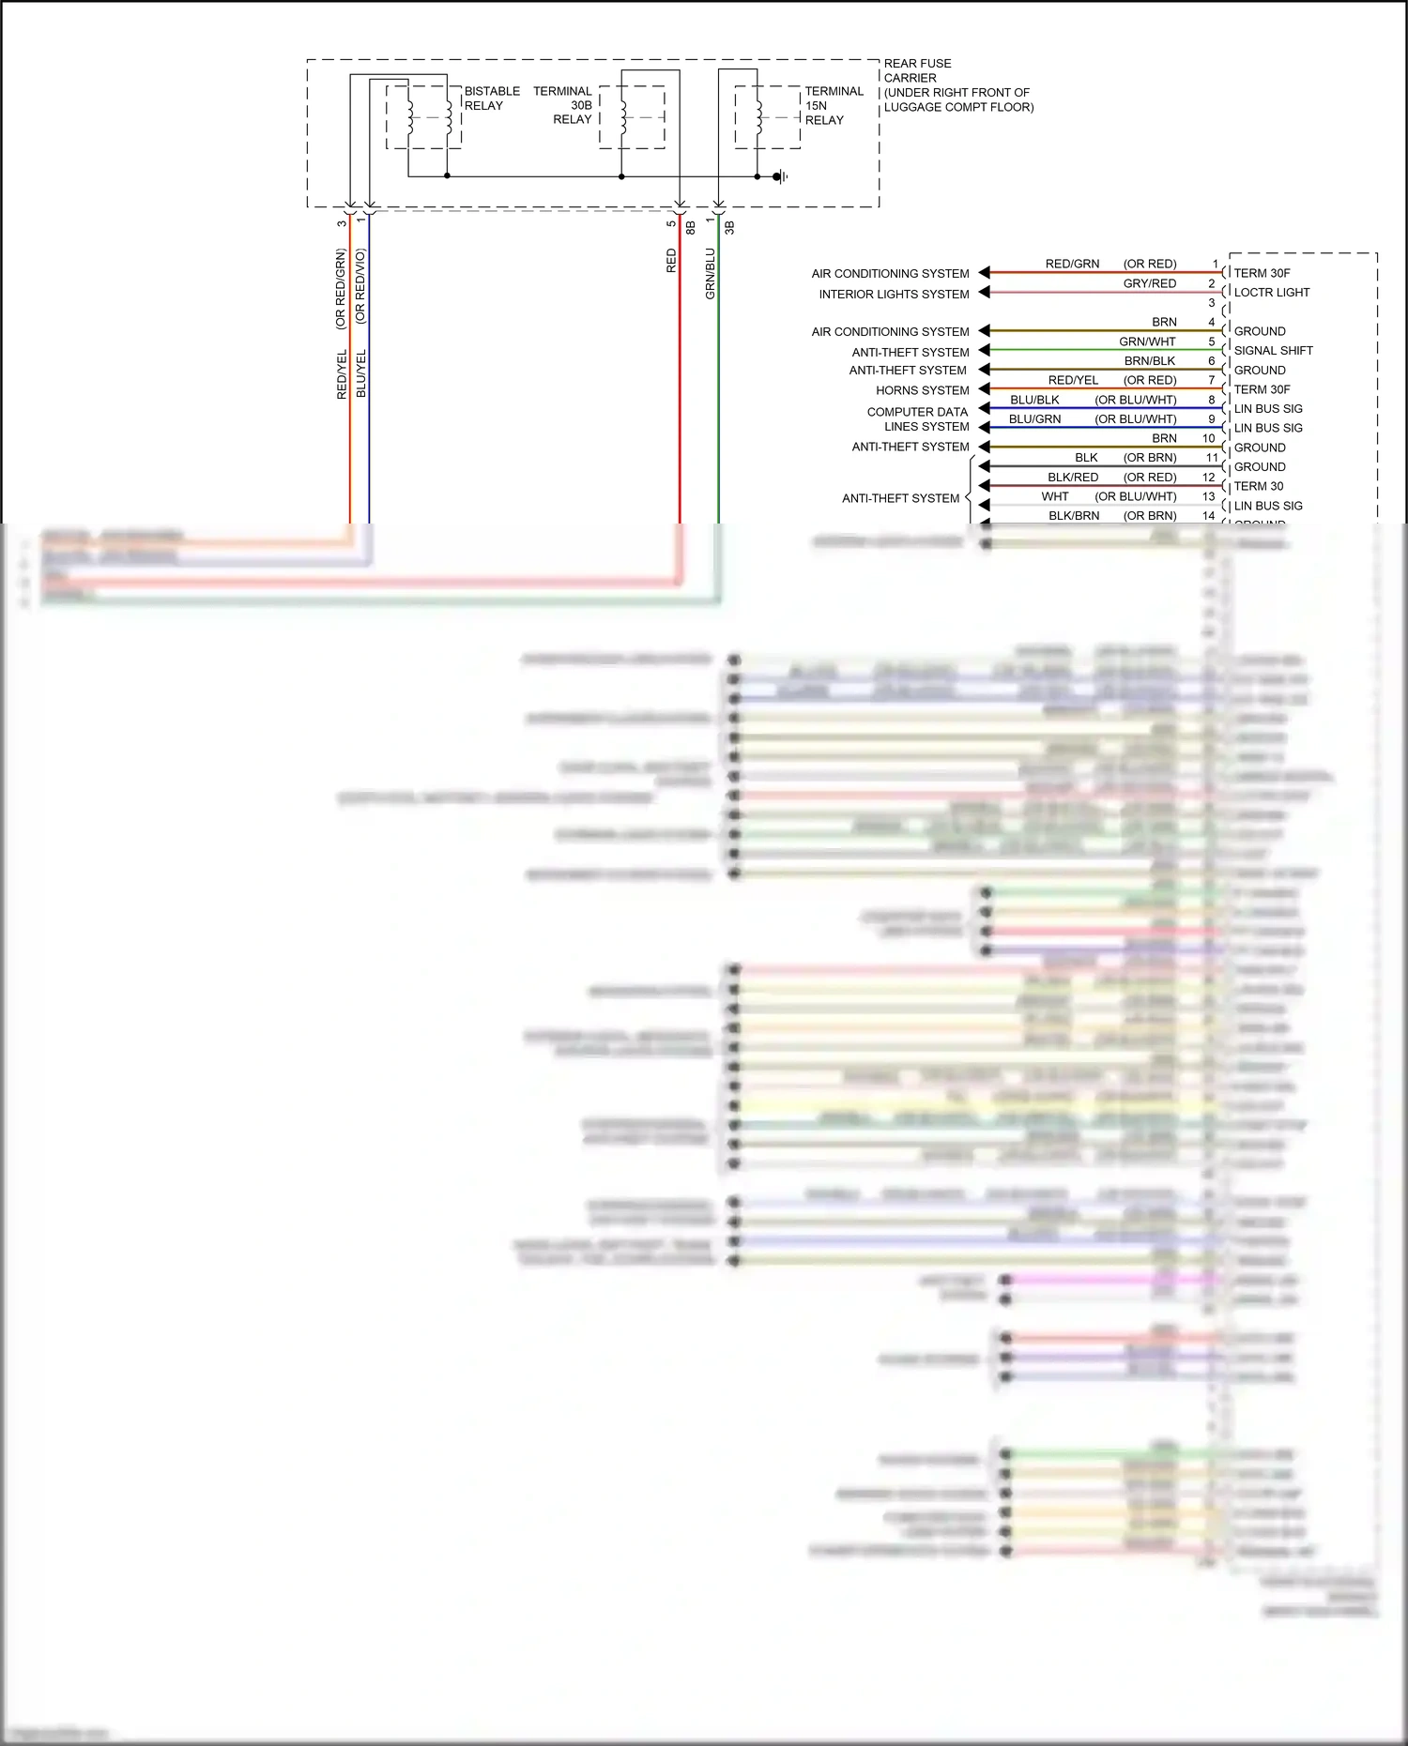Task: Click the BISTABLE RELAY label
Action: coord(491,99)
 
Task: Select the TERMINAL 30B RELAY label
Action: coord(562,105)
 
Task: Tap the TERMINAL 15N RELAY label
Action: coord(833,105)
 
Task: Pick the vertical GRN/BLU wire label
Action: coord(711,273)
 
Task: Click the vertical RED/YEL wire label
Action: coord(342,374)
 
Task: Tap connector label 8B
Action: coord(691,227)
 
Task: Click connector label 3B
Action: coord(729,227)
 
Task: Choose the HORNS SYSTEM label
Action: coord(922,390)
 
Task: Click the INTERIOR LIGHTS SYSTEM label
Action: coord(894,295)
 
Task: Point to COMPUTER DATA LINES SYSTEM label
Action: coord(918,419)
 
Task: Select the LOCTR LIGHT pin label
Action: coord(1271,293)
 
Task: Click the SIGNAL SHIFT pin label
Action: coord(1273,351)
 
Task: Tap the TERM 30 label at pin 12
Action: coord(1258,486)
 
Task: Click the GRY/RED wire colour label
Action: coord(1149,283)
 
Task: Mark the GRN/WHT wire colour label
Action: coord(1147,342)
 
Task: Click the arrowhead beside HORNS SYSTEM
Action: coord(984,389)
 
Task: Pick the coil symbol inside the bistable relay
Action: coord(410,117)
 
